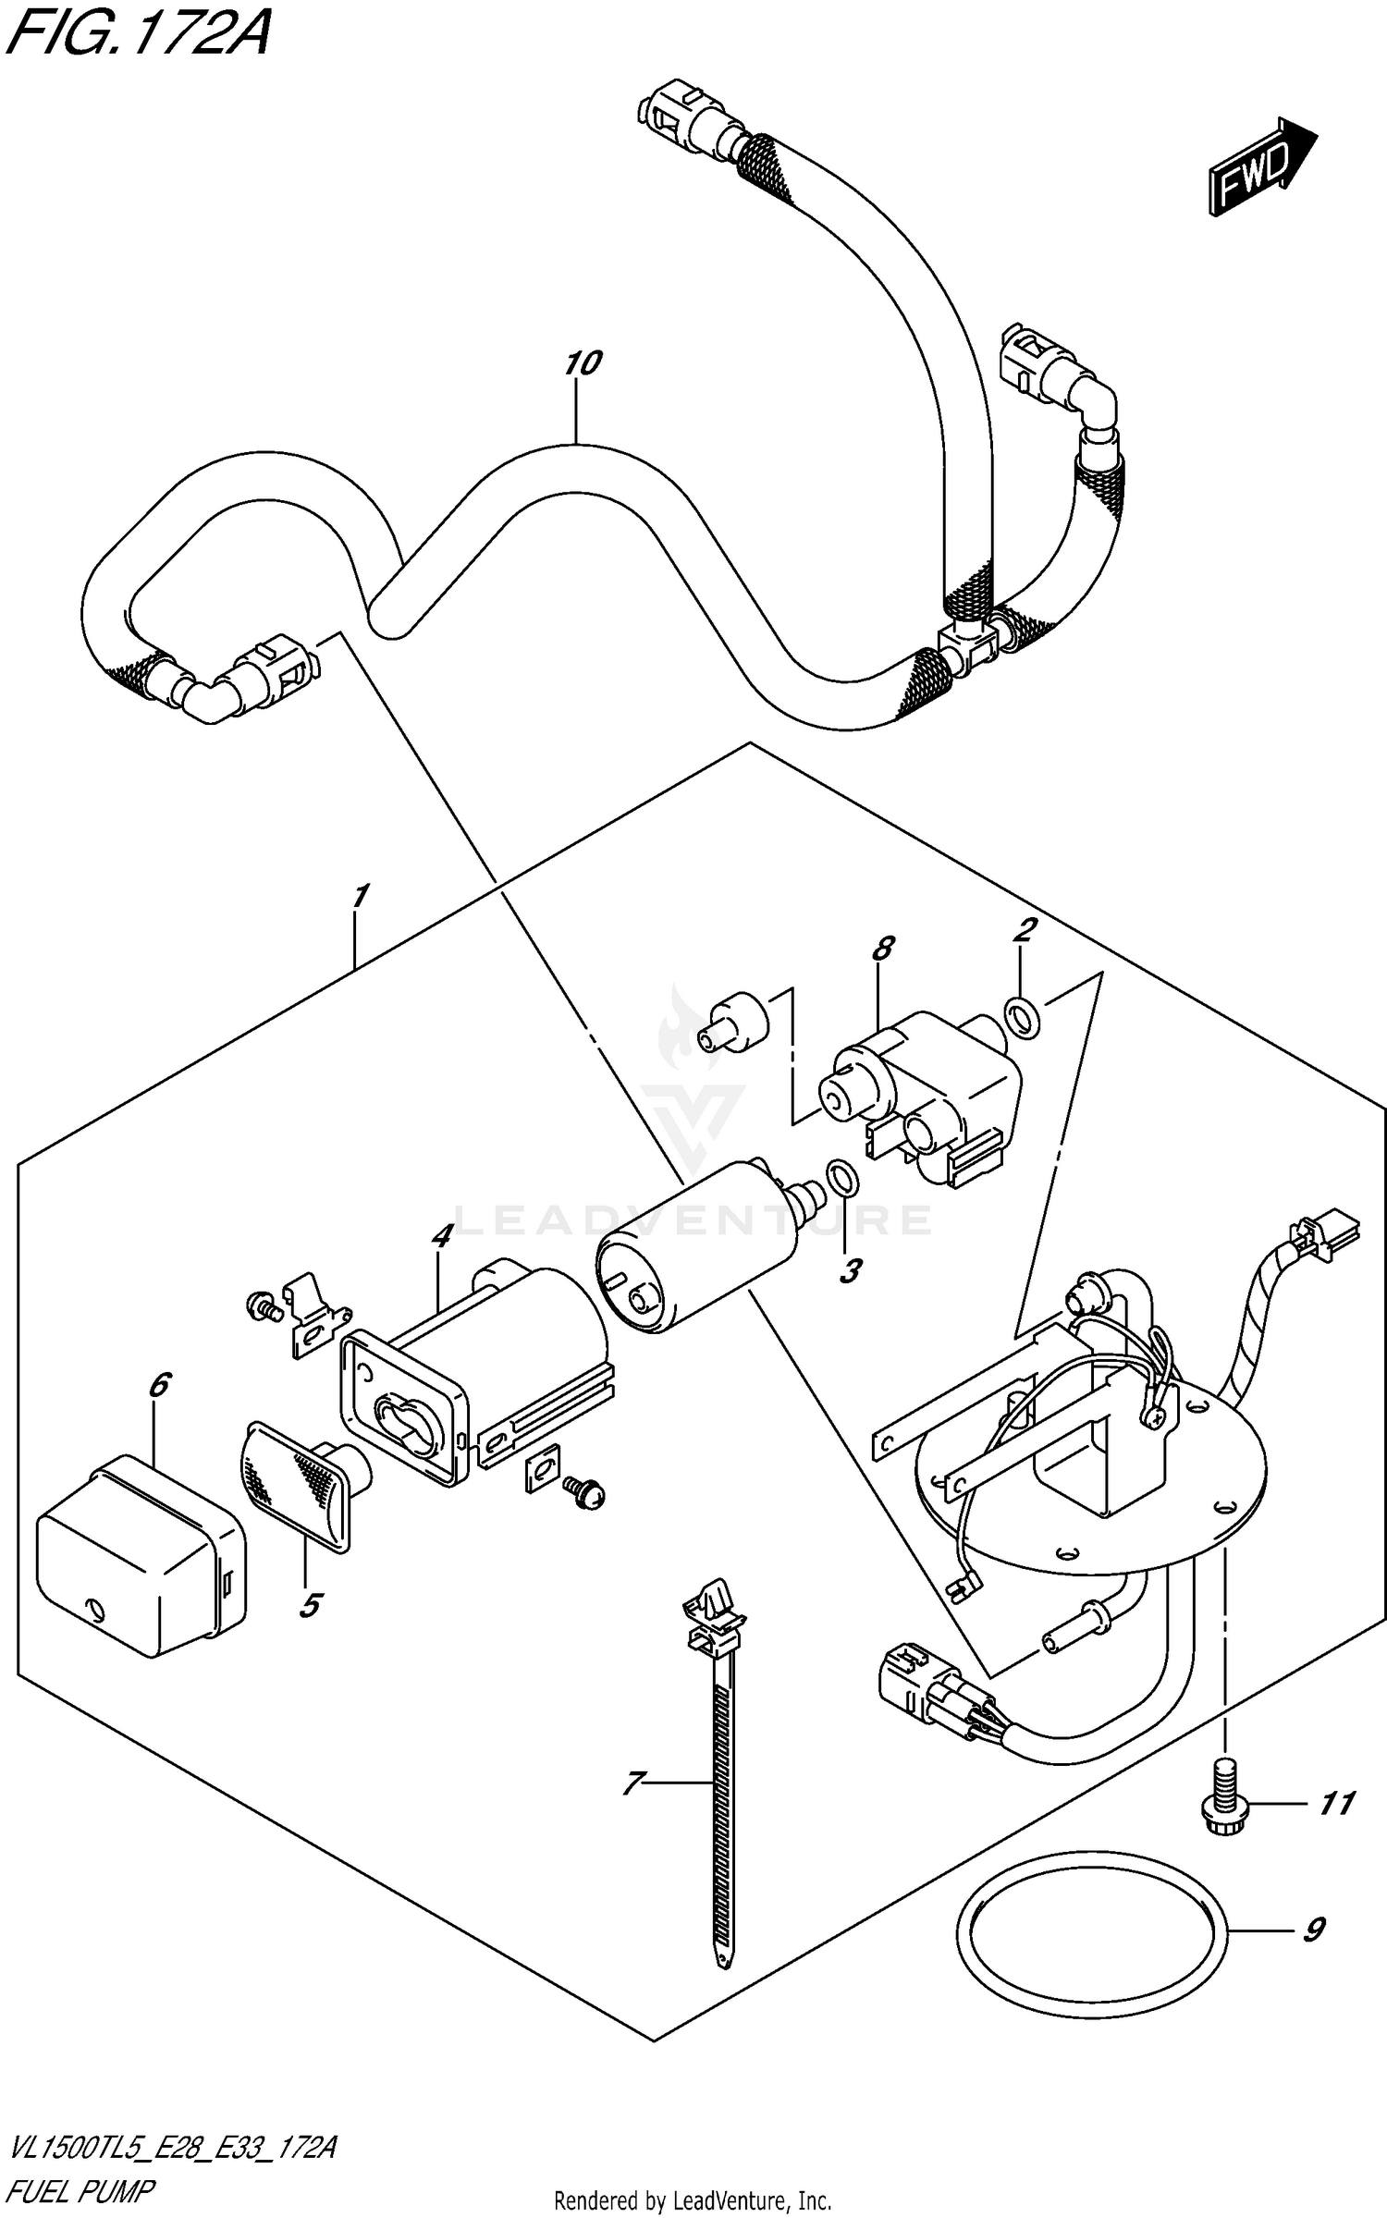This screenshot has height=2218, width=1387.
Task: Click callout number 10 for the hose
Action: pos(583,363)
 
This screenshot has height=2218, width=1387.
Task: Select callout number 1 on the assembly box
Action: pos(361,895)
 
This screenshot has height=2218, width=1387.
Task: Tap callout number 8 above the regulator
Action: pos(883,948)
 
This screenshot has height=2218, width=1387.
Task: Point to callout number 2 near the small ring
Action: pos(1023,930)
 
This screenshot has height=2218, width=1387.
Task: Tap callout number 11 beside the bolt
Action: pos(1336,1803)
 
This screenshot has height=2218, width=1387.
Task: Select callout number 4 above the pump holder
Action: pos(442,1234)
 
